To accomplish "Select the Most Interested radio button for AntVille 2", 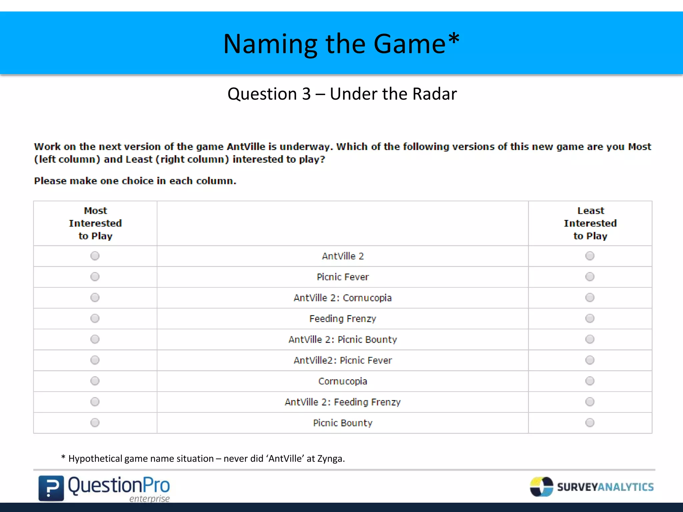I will (95, 256).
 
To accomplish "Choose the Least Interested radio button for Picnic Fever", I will (590, 277).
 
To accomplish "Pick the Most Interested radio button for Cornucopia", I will (95, 381).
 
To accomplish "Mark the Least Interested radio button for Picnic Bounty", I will (590, 423).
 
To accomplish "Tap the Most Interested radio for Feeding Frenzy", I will (95, 318).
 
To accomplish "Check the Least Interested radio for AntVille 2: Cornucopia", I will (590, 298).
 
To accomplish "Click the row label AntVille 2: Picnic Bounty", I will (343, 340).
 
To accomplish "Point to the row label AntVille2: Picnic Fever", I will (343, 360).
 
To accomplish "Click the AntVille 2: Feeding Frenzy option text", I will (343, 402).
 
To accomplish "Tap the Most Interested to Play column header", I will (95, 223).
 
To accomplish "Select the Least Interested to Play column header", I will (590, 223).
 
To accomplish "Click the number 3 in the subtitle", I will (306, 94).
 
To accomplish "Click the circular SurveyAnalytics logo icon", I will (541, 487).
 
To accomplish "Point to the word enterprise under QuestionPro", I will (149, 499).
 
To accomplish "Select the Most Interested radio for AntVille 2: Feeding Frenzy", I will (95, 402).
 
